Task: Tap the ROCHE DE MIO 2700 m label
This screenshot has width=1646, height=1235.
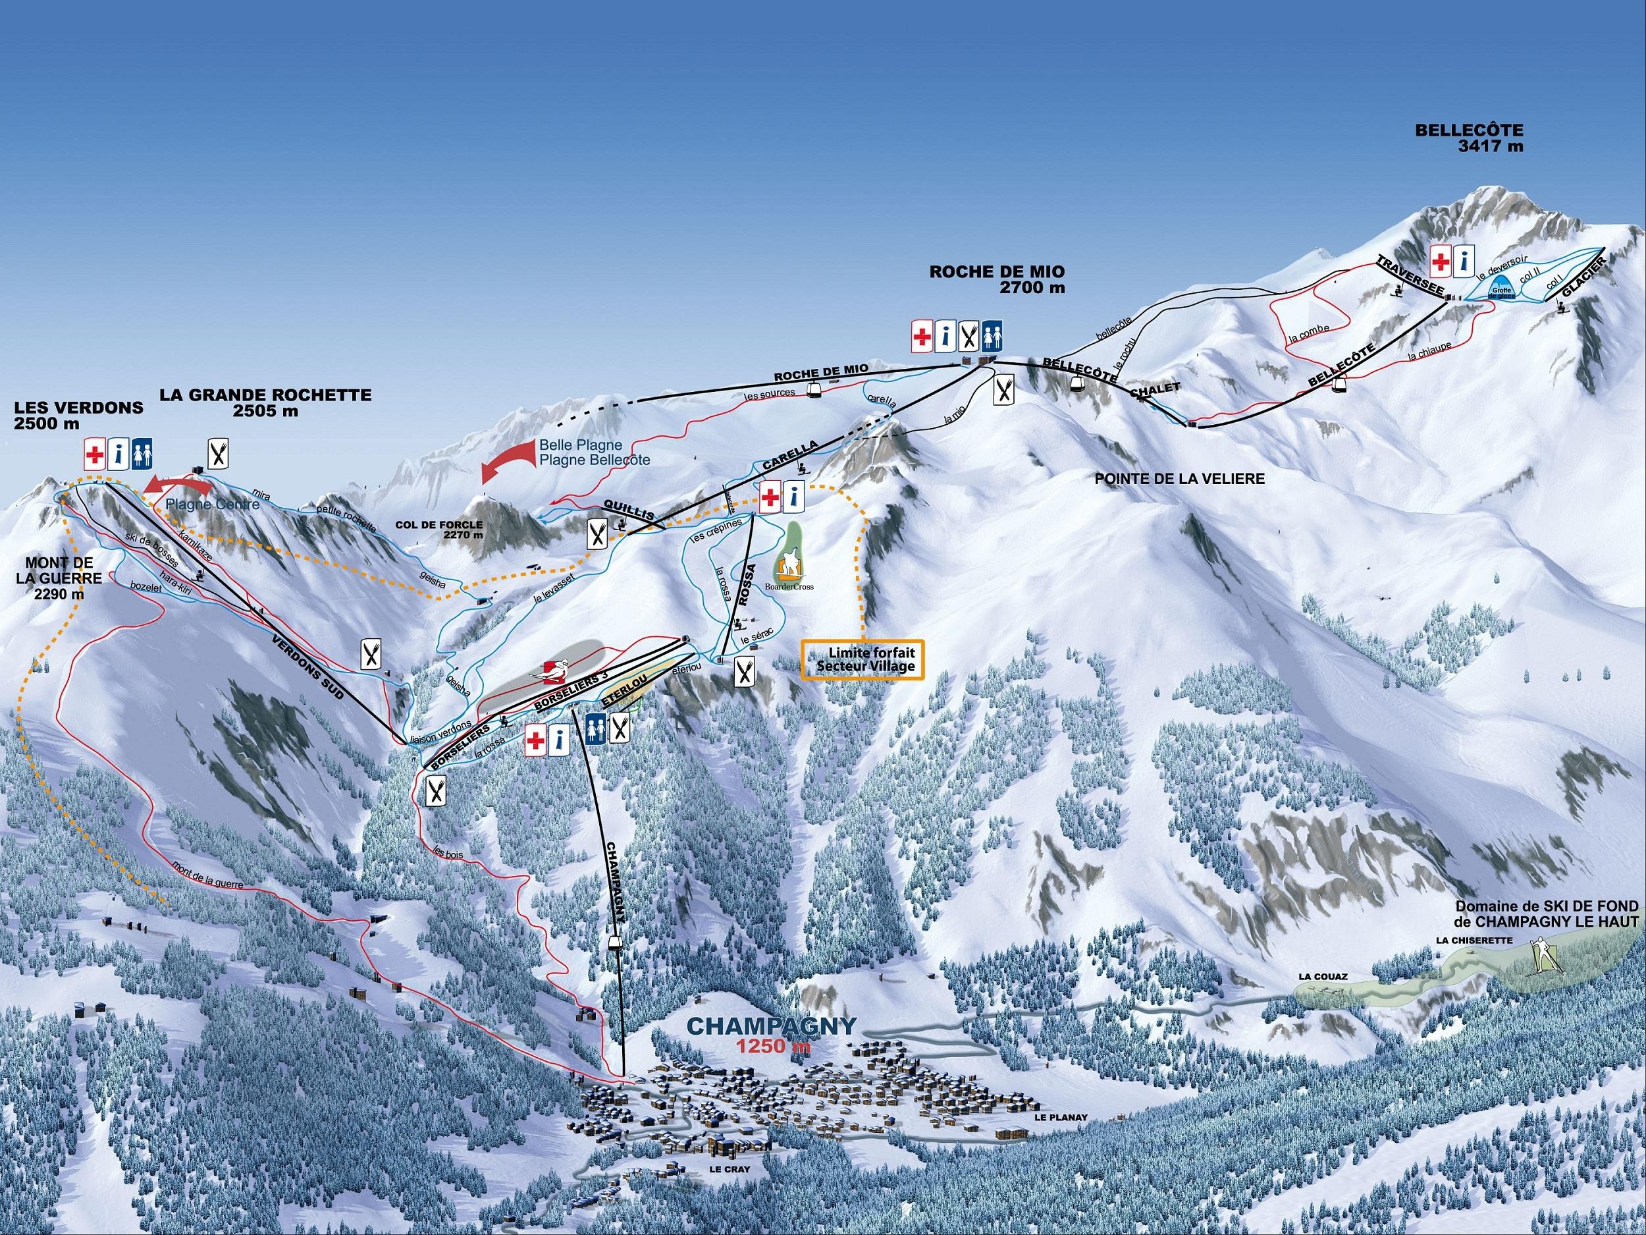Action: [x=997, y=279]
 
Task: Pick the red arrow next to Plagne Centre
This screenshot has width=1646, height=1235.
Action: [x=176, y=485]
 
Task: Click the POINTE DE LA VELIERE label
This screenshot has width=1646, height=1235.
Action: [x=1179, y=480]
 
